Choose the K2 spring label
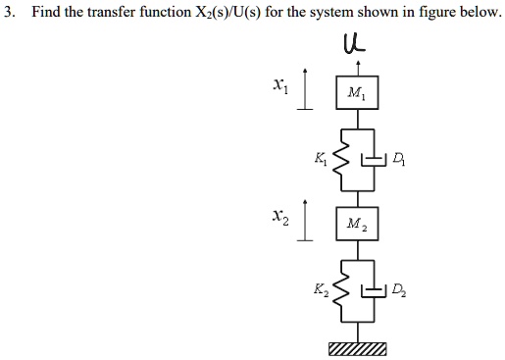pyautogui.click(x=318, y=289)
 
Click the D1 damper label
pyautogui.click(x=396, y=156)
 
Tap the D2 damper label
pyautogui.click(x=395, y=290)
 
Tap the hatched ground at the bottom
pyautogui.click(x=355, y=349)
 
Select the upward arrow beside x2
pyautogui.click(x=305, y=223)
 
